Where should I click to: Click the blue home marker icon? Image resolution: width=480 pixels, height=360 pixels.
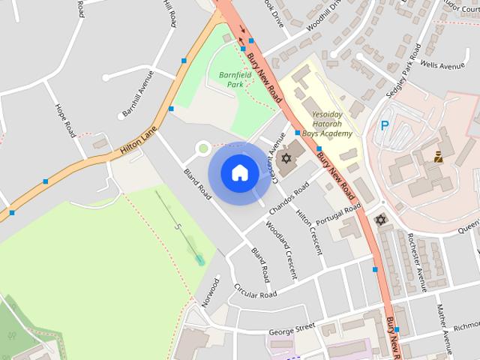[239, 172]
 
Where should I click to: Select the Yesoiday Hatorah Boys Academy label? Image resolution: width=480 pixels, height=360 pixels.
[331, 124]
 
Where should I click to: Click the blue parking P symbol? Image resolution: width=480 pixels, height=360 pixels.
[385, 126]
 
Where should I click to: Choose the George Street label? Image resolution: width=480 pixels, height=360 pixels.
[291, 328]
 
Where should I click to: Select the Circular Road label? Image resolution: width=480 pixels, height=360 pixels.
[255, 290]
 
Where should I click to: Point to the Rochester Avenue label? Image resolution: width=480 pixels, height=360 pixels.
[415, 260]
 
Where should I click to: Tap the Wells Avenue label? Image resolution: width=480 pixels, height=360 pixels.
[442, 66]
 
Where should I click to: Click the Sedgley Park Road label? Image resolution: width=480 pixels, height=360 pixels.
[402, 79]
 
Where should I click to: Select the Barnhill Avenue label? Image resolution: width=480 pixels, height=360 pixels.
[136, 93]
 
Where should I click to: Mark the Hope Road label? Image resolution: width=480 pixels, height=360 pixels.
[64, 120]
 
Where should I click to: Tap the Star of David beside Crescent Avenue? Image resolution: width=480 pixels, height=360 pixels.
[285, 160]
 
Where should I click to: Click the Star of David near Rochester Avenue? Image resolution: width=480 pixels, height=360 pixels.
[380, 220]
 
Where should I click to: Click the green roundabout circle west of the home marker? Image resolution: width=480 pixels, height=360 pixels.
[202, 148]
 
